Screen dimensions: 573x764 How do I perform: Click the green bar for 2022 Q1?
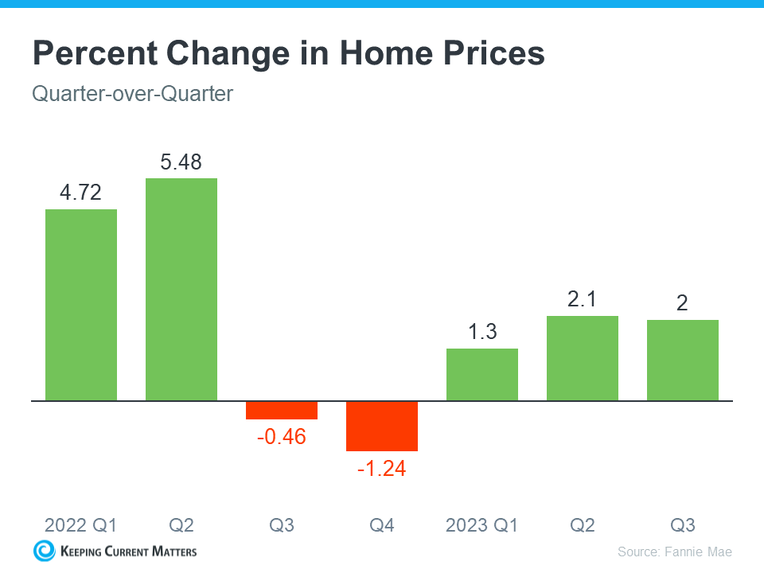tap(81, 305)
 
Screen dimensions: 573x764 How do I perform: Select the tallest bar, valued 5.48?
tap(181, 289)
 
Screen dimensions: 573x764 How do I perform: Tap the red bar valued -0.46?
tap(282, 410)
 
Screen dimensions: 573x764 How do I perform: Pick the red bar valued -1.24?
tap(382, 426)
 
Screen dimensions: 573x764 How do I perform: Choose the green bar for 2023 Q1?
tap(482, 374)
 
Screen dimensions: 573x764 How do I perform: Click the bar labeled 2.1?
tap(583, 358)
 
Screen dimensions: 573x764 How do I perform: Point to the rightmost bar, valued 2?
tap(683, 360)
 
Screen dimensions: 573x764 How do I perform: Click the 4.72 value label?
tap(81, 193)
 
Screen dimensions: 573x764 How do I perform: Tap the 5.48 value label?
tap(181, 162)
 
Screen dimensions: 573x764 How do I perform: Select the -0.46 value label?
tap(282, 437)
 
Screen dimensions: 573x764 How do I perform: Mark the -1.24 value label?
tap(382, 470)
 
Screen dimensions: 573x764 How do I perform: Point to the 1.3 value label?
tap(482, 332)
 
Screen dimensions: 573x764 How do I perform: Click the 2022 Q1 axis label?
tap(81, 525)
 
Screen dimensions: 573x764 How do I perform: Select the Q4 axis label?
tap(382, 525)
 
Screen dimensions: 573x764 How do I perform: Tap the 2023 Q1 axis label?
tap(482, 525)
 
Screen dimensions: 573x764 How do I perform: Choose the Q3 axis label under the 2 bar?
tap(683, 525)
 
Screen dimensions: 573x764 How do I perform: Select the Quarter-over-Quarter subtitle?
tap(132, 94)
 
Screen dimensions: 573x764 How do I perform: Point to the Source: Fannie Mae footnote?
tap(674, 552)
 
